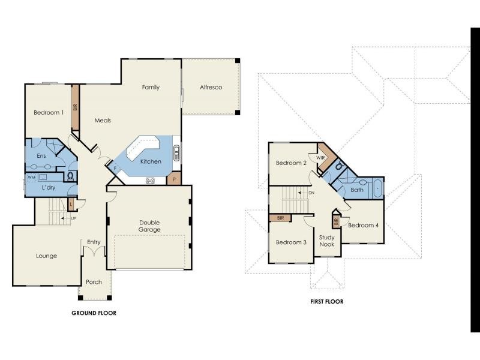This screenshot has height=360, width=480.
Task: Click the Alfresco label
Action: [x=211, y=88]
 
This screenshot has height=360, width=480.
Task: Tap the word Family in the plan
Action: [x=151, y=88]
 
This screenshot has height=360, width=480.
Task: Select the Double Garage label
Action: [x=149, y=226]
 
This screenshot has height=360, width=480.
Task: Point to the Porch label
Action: [x=94, y=282]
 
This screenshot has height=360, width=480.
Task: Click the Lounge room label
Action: [x=46, y=256]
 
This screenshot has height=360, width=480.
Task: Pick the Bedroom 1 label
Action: [x=49, y=113]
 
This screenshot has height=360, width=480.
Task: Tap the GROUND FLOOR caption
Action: [x=94, y=313]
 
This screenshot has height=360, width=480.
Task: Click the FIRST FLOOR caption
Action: [x=326, y=302]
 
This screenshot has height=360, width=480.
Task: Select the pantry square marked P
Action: [x=174, y=179]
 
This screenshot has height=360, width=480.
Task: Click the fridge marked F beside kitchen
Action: [x=115, y=168]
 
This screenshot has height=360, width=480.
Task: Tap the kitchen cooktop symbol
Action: [x=150, y=180]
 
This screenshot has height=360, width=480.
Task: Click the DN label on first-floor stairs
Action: [x=311, y=193]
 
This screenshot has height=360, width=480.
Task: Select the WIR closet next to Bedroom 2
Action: [x=321, y=157]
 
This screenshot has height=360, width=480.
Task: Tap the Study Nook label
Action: [x=326, y=241]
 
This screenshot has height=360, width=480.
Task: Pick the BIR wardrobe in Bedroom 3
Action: [x=280, y=218]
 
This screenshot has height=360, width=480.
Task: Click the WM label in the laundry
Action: [x=31, y=178]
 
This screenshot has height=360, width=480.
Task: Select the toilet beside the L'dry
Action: [x=71, y=176]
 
